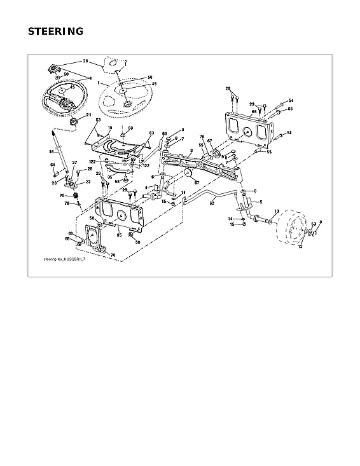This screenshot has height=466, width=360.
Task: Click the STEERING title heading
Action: pyautogui.click(x=55, y=32)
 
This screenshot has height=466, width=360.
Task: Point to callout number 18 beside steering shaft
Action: pyautogui.click(x=52, y=152)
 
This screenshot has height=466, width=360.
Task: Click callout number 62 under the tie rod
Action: pyautogui.click(x=211, y=205)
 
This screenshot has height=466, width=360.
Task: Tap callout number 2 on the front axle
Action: pyautogui.click(x=191, y=151)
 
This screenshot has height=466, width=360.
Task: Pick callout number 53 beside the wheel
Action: pyautogui.click(x=313, y=223)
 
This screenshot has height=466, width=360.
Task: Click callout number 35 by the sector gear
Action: pyautogui.click(x=110, y=178)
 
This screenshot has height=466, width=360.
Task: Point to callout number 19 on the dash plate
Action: pyautogui.click(x=110, y=128)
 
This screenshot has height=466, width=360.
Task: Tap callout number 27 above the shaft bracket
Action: pyautogui.click(x=74, y=163)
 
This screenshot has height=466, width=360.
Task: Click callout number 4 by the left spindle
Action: pyautogui.click(x=145, y=187)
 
